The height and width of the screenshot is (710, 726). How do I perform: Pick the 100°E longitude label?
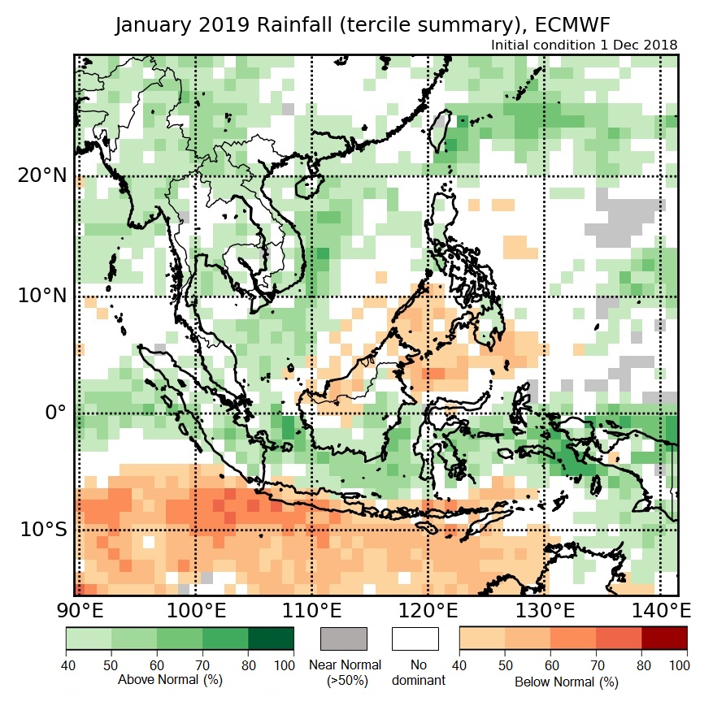pyautogui.click(x=195, y=610)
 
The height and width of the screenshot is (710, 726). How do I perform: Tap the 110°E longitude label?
pyautogui.click(x=312, y=610)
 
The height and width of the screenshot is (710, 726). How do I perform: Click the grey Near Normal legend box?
pyautogui.click(x=344, y=639)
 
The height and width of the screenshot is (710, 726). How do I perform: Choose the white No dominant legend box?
pyautogui.click(x=415, y=639)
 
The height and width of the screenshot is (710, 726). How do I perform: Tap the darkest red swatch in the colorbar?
pyautogui.click(x=664, y=639)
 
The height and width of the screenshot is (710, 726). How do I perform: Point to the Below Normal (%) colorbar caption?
pyautogui.click(x=567, y=682)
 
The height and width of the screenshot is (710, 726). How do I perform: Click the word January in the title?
pyautogui.click(x=154, y=25)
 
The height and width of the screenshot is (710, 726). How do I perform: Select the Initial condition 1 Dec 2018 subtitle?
pyautogui.click(x=585, y=45)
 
